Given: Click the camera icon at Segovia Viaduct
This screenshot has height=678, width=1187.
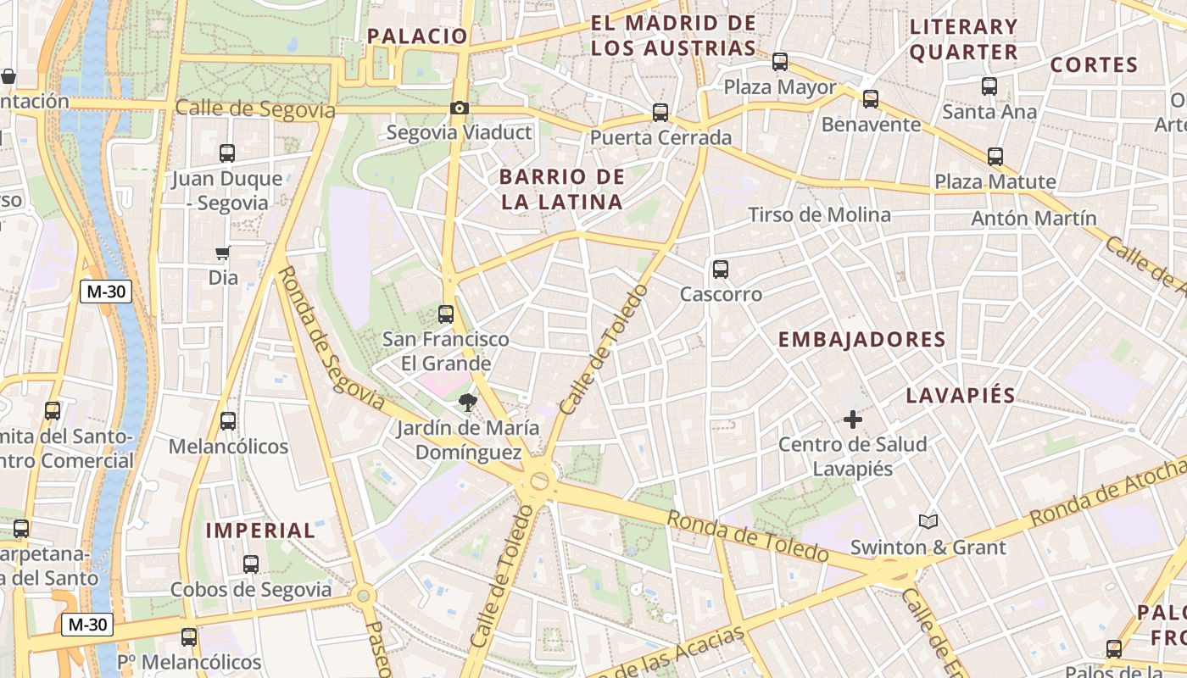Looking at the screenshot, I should coord(459,108).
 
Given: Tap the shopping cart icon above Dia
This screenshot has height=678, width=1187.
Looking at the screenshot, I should coord(222,253).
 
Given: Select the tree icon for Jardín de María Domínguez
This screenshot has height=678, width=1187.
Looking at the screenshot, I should coord(467,403).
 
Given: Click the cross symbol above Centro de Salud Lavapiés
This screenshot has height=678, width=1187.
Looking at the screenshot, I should coord(852,419).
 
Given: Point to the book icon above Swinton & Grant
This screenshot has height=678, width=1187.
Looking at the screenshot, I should coord(928,521).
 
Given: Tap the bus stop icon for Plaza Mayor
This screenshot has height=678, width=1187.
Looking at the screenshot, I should coord(779,62).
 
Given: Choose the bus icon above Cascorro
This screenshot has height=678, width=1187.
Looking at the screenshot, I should coord(721,270).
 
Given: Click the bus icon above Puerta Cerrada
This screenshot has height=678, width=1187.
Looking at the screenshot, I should coord(660,112).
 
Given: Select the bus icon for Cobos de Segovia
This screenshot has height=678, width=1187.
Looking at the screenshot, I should coord(250,564).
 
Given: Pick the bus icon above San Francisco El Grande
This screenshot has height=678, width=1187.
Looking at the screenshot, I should coord(446,314).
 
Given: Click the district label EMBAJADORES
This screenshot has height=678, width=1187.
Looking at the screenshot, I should coord(861,340).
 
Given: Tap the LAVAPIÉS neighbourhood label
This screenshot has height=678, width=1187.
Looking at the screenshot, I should coord(961,396).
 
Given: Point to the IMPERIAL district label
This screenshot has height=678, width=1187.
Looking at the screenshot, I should coord(261,531).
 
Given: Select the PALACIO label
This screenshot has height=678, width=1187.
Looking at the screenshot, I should coord(417,36).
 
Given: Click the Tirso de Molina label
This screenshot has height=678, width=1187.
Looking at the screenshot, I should coord(819,215).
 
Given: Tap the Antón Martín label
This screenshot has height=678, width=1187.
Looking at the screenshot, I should coord(1034,218).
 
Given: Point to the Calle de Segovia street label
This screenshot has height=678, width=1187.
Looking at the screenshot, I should coord(255,110).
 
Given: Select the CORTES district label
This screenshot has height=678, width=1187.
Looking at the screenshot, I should coord(1094,65).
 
